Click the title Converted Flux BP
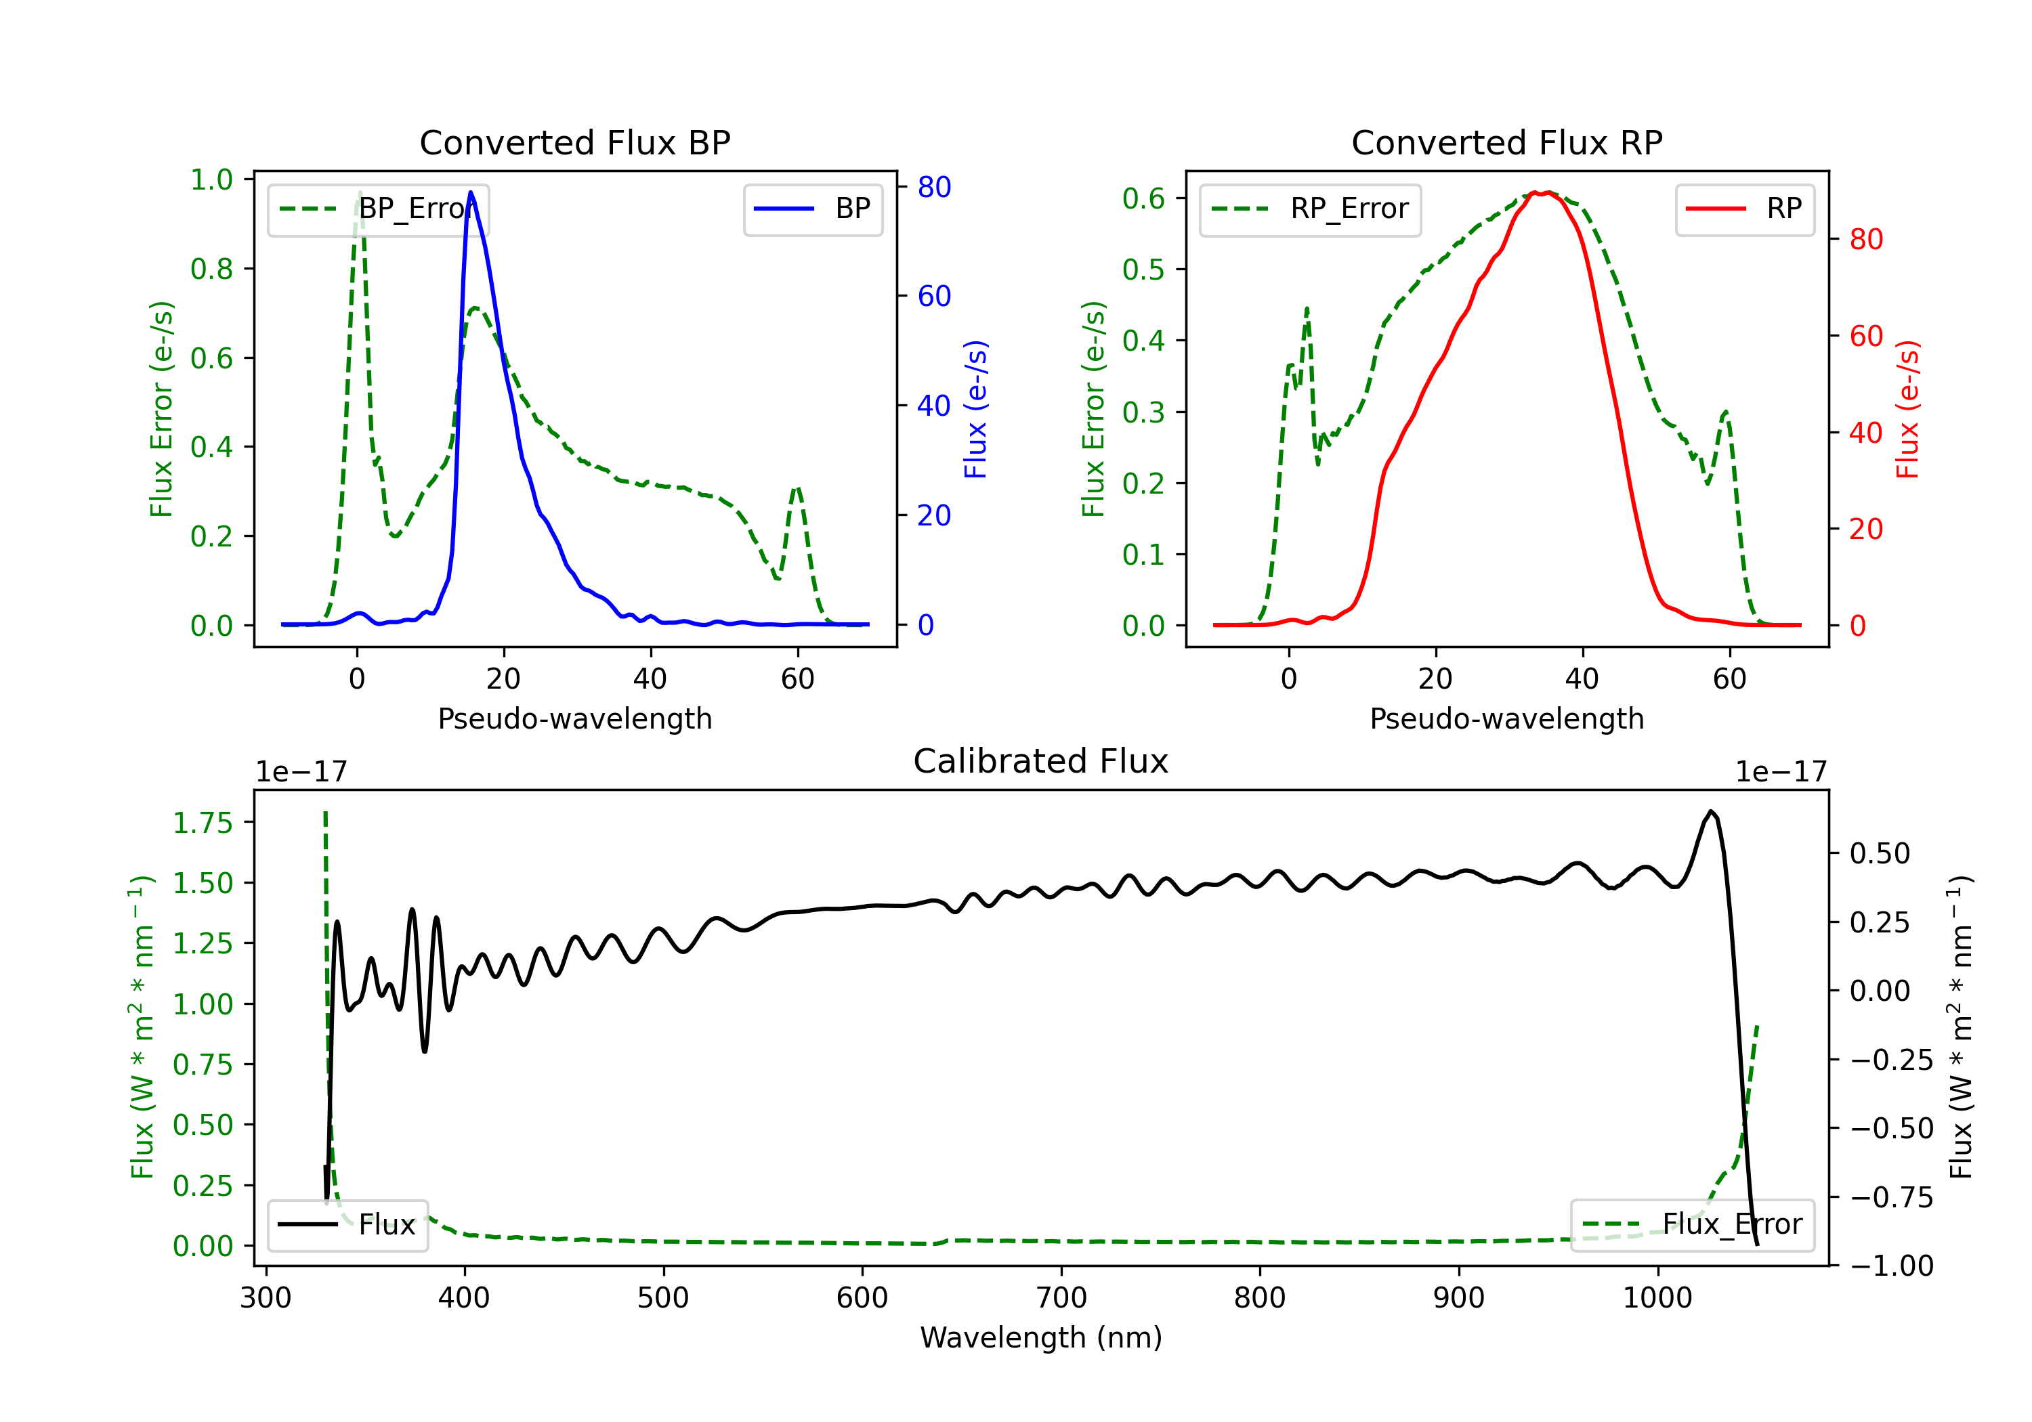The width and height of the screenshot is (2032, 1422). [x=574, y=142]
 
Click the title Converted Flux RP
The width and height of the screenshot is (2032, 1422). [x=1506, y=142]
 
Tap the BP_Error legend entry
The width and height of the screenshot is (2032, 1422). [x=379, y=209]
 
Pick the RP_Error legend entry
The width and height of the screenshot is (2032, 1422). [x=1310, y=209]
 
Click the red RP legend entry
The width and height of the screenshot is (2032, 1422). [x=1744, y=209]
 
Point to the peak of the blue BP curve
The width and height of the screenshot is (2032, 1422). [x=471, y=192]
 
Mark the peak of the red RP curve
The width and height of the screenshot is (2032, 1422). [x=1538, y=192]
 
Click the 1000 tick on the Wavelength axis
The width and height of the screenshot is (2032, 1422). [x=1657, y=1297]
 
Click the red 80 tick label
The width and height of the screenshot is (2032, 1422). [x=1865, y=239]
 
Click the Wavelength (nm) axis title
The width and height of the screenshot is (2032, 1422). [x=1041, y=1337]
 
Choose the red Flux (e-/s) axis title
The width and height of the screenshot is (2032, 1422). [x=1907, y=409]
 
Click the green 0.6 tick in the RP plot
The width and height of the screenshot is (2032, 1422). [x=1143, y=198]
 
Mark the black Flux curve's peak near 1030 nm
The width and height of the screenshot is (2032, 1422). [x=1711, y=811]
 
